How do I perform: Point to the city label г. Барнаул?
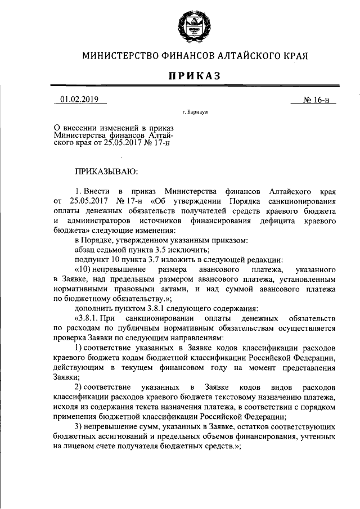pos(195,113)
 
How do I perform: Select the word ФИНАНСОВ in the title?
pos(189,56)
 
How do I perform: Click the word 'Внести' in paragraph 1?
pos(99,191)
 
